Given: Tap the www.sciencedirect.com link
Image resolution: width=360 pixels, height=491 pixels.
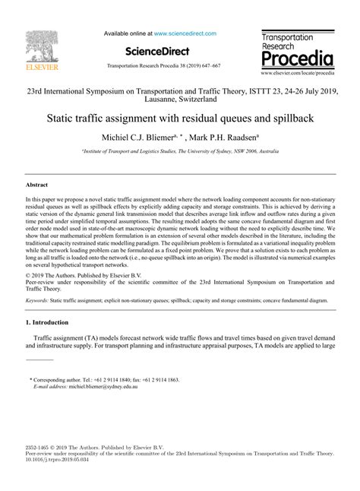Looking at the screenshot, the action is pos(185,34).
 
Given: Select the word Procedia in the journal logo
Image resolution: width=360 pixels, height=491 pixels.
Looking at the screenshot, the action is pos(296,59).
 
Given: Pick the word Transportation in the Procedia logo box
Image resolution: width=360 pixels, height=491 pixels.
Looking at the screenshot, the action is pos(289,37).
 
